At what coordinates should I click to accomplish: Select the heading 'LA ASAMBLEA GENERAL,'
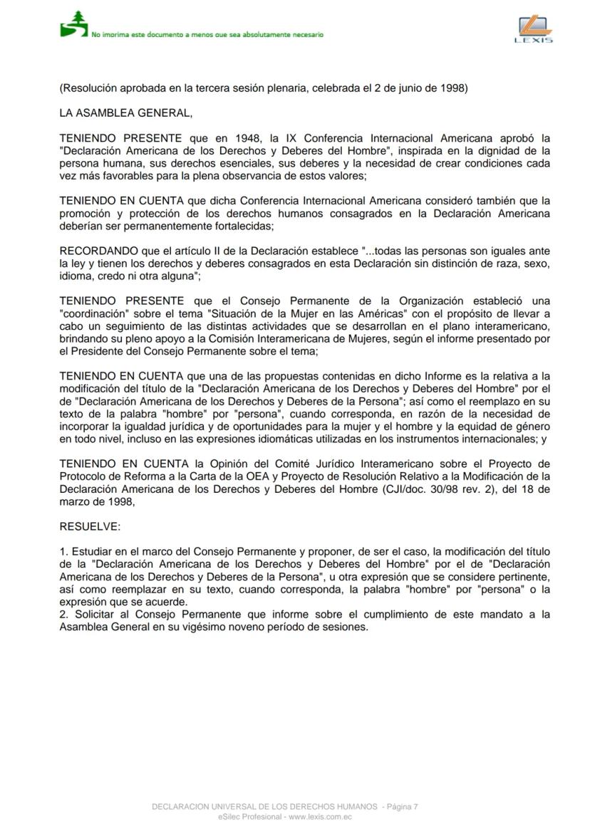pyautogui.click(x=125, y=113)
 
